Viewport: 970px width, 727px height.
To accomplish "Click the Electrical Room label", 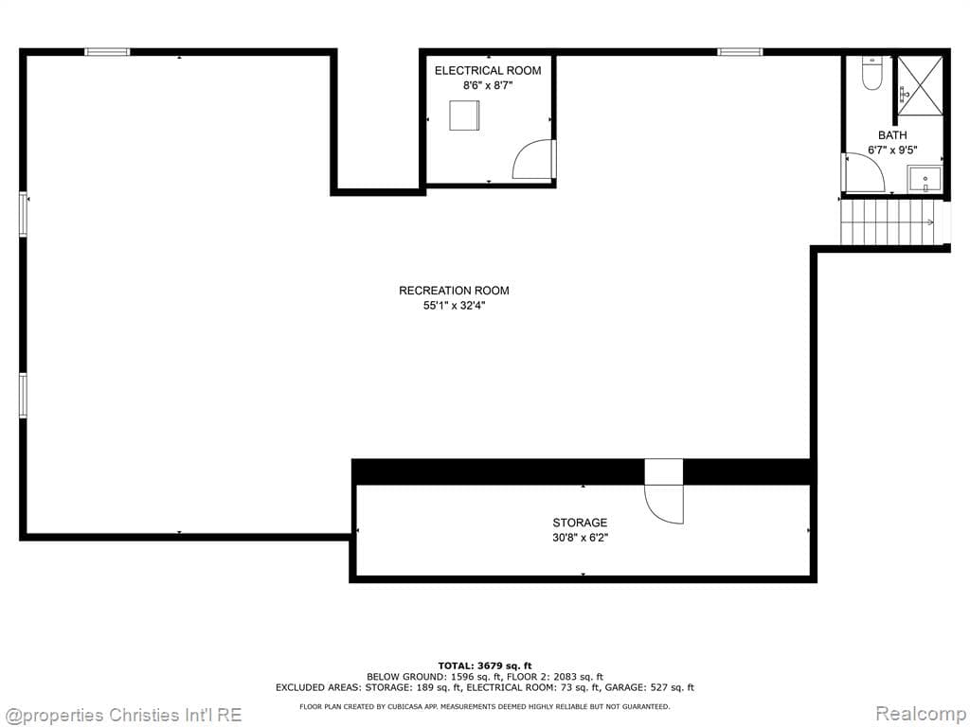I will pyautogui.click(x=488, y=71).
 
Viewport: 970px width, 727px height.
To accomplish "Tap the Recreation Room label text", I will pyautogui.click(x=454, y=291).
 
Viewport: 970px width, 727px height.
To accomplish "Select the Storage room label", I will pyautogui.click(x=580, y=523).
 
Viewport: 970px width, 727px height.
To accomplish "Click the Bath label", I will pyautogui.click(x=892, y=135).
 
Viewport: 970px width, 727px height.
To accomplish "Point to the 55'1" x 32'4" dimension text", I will pyautogui.click(x=454, y=306).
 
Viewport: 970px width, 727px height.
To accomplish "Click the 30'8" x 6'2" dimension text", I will pyautogui.click(x=580, y=538).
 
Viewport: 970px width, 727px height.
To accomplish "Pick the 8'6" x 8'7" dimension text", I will pyautogui.click(x=488, y=85).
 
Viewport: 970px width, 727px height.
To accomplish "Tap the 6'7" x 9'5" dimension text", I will pyautogui.click(x=891, y=150).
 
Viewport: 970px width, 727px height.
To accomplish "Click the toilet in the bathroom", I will pyautogui.click(x=872, y=74).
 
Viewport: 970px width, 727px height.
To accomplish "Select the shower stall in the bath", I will pyautogui.click(x=920, y=85).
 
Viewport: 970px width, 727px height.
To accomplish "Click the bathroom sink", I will pyautogui.click(x=925, y=179).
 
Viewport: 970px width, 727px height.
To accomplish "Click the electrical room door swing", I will pyautogui.click(x=533, y=160).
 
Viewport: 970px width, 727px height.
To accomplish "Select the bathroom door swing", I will pyautogui.click(x=863, y=172).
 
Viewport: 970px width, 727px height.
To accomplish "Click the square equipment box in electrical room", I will pyautogui.click(x=464, y=115).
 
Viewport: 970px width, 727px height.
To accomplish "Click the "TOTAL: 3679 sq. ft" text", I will pyautogui.click(x=485, y=665).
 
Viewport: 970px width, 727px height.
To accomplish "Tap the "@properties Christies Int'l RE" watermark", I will pyautogui.click(x=123, y=715).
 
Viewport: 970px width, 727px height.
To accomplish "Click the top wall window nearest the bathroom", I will pyautogui.click(x=740, y=51).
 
